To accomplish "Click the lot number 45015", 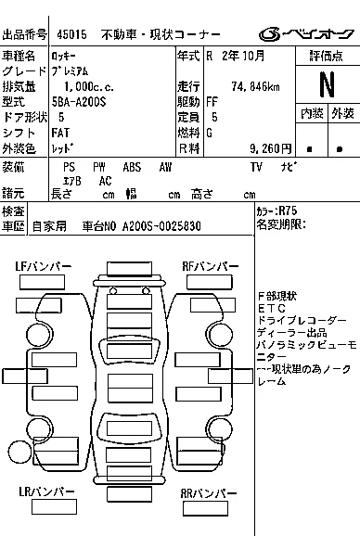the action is (71, 34).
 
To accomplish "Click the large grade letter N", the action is (327, 84).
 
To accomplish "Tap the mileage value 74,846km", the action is (255, 87).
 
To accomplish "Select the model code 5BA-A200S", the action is (79, 102).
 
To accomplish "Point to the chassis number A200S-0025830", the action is (161, 226).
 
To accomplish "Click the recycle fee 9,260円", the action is (271, 148).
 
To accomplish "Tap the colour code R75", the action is (288, 211).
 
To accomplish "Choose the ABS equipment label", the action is (132, 167).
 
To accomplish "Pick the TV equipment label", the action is (256, 167).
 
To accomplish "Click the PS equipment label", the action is (69, 167).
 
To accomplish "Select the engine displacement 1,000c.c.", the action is (89, 87).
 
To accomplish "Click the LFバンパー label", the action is (43, 266).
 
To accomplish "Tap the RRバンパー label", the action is (209, 493).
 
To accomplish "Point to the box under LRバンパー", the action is (54, 507).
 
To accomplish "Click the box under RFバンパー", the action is (210, 282).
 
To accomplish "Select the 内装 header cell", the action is (312, 113).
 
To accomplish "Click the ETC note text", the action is (272, 309).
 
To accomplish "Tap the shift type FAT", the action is (60, 133).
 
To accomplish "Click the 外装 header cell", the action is (343, 113).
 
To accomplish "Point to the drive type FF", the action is (212, 102).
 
